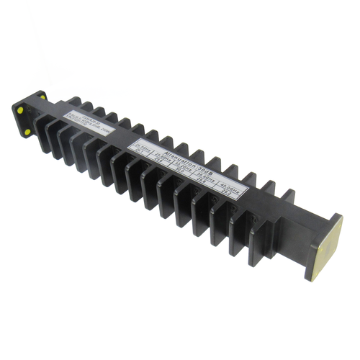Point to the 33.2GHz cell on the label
point(179,162)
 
